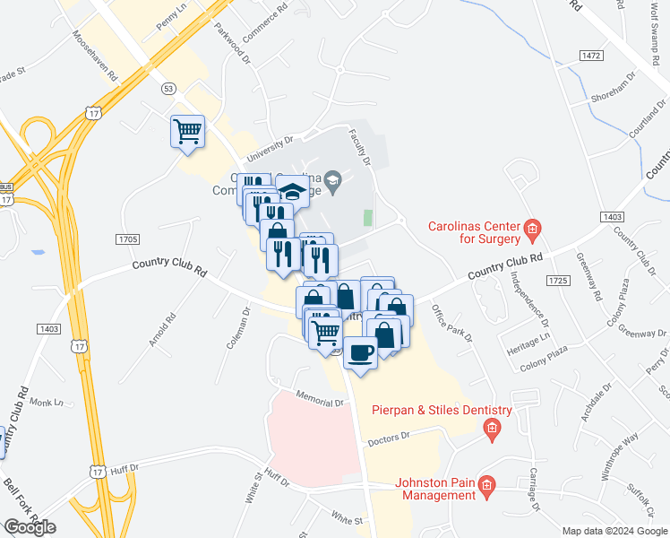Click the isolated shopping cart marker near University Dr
click(x=188, y=131)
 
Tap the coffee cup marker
click(x=361, y=351)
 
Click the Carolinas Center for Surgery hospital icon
click(x=531, y=230)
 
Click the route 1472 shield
click(x=590, y=56)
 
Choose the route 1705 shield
click(x=128, y=239)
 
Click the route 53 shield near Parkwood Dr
click(x=168, y=88)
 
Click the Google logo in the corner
click(x=30, y=527)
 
